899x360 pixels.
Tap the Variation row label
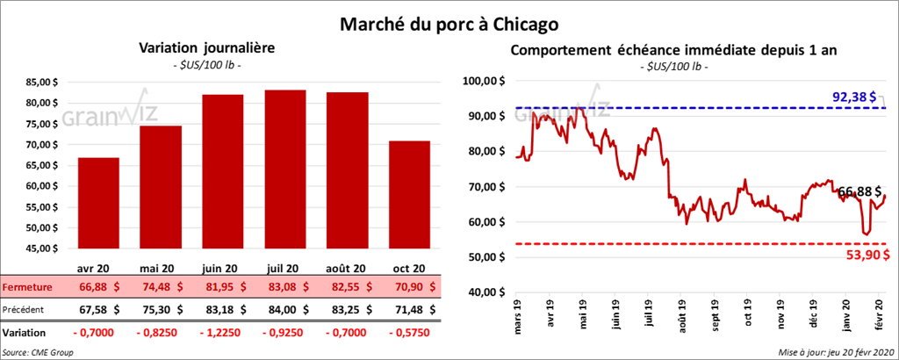25,334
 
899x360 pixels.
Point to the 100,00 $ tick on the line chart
485,81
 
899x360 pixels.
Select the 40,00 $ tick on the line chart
486,292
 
